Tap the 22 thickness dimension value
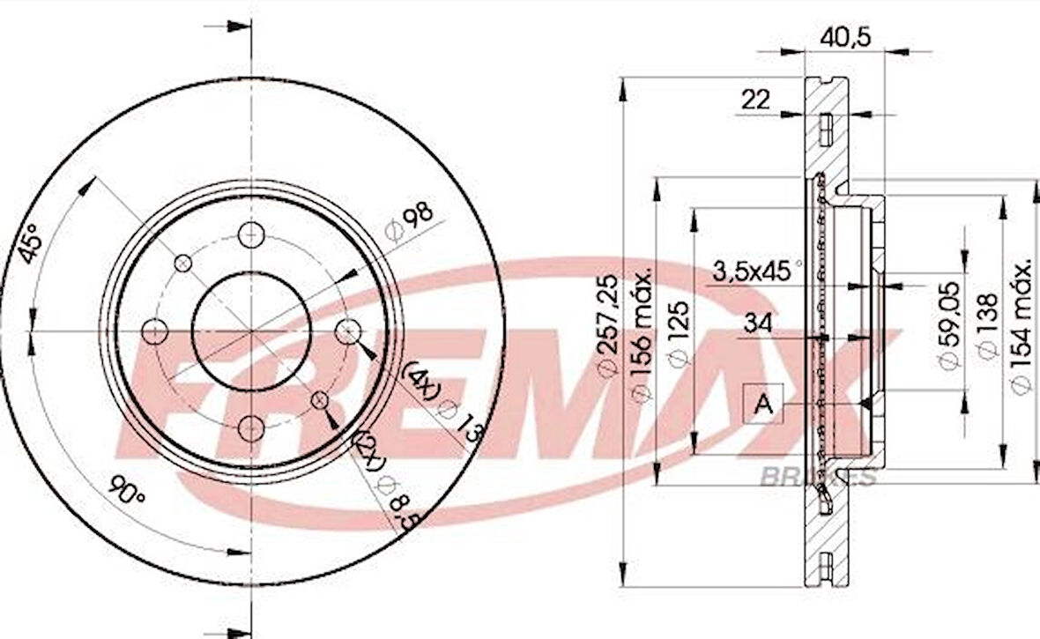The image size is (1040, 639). [755, 100]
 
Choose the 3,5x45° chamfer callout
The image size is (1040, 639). [756, 271]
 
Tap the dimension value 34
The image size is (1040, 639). [756, 323]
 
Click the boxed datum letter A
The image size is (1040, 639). [764, 405]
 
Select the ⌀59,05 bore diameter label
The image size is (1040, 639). [948, 326]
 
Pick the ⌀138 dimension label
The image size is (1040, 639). [986, 326]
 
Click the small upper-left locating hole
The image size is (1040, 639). [183, 263]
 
